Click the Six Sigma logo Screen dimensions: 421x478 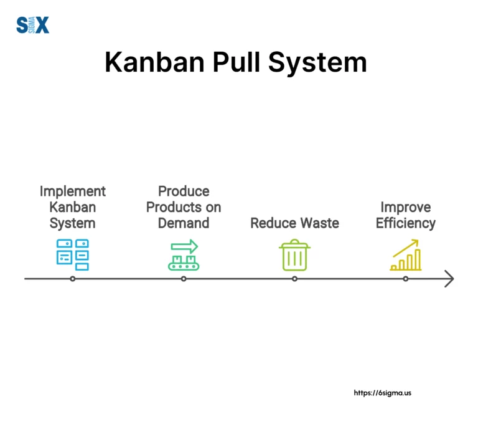(32, 26)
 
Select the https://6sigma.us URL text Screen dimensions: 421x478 (382, 393)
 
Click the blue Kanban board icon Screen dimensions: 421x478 (73, 254)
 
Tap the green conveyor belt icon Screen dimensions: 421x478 (184, 254)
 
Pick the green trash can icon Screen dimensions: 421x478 (294, 254)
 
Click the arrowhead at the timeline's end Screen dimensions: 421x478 (449, 279)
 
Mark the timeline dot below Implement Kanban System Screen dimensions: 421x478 (73, 279)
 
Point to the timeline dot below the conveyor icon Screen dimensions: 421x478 (184, 279)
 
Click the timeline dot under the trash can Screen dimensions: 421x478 (294, 279)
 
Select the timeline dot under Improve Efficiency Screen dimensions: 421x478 (406, 279)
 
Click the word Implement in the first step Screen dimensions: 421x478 (73, 191)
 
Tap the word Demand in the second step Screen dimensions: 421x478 (184, 223)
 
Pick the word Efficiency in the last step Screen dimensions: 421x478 (406, 223)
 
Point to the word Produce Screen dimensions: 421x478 (184, 191)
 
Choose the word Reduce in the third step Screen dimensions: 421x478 (272, 223)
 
